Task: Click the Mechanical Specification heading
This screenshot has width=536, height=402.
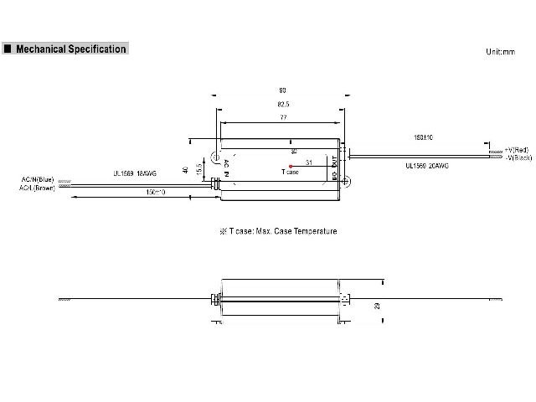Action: click(70, 49)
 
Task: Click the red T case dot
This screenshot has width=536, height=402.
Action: click(291, 166)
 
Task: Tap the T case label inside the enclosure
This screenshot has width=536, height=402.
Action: click(290, 173)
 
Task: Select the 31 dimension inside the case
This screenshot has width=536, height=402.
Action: click(309, 161)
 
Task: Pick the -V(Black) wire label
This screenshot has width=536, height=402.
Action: click(519, 157)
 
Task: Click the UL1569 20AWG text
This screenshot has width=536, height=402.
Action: click(427, 167)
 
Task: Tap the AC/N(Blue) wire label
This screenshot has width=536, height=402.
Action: click(37, 179)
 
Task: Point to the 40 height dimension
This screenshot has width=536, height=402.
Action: click(186, 171)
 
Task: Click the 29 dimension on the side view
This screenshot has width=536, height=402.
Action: click(377, 307)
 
